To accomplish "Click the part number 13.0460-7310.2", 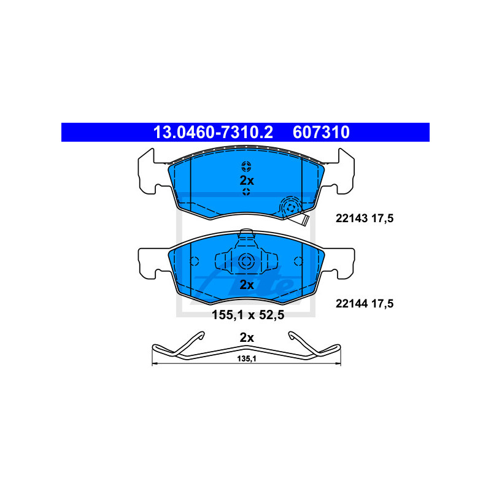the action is click(x=213, y=132).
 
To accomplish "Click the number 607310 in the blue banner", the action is click(x=321, y=132).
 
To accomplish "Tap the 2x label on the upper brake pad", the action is click(x=247, y=180).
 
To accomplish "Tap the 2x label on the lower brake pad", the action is click(x=247, y=285).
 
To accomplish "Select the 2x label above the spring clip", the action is click(x=247, y=338).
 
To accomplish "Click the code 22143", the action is click(x=351, y=218).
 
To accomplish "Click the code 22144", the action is click(x=351, y=303).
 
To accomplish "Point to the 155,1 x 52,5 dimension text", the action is click(x=248, y=315).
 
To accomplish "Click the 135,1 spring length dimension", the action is click(x=247, y=359).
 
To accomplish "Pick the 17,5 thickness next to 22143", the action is click(x=382, y=218).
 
